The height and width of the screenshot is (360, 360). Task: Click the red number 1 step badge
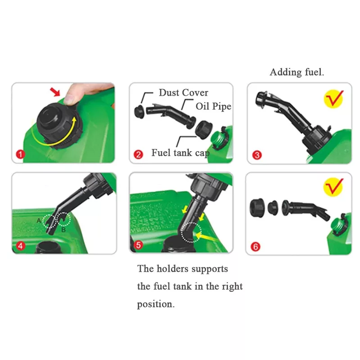pyautogui.click(x=20, y=154)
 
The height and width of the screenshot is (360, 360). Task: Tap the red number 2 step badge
pyautogui.click(x=138, y=154)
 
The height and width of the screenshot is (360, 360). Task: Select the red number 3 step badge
pyautogui.click(x=257, y=155)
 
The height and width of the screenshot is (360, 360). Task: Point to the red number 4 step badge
pyautogui.click(x=21, y=246)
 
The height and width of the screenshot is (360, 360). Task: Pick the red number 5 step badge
pyautogui.click(x=138, y=245)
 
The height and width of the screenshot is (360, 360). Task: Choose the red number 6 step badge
pyautogui.click(x=256, y=247)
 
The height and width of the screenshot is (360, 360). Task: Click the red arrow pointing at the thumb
pyautogui.click(x=55, y=92)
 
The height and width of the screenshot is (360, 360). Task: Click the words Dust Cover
pyautogui.click(x=184, y=93)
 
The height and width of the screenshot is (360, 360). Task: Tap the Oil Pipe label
pyautogui.click(x=213, y=106)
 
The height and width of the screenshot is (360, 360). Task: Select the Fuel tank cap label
pyautogui.click(x=180, y=153)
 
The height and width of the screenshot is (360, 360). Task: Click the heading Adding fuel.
pyautogui.click(x=297, y=72)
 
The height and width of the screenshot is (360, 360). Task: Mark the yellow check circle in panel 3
pyautogui.click(x=333, y=99)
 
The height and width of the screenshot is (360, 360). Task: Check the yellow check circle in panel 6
pyautogui.click(x=333, y=187)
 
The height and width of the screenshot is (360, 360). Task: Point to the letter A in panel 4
pyautogui.click(x=39, y=220)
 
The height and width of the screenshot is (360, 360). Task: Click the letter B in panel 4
pyautogui.click(x=63, y=229)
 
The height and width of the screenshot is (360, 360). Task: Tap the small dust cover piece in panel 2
pyautogui.click(x=139, y=112)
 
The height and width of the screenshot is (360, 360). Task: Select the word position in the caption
pyautogui.click(x=156, y=305)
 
